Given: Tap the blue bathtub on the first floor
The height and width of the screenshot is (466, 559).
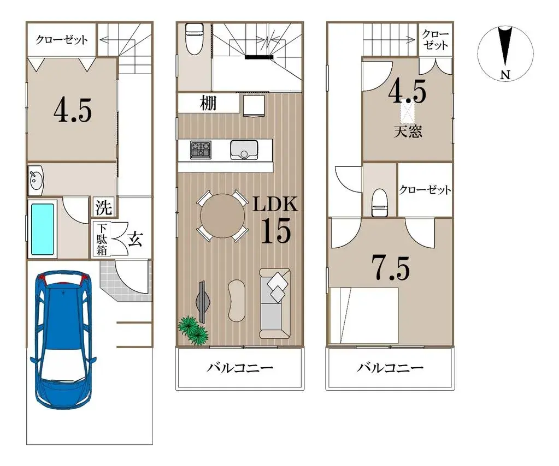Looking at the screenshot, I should click(x=43, y=229).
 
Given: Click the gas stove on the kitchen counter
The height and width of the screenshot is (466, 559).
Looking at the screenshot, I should click(x=201, y=150).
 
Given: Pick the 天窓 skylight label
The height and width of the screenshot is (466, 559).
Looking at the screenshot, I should click(x=408, y=132).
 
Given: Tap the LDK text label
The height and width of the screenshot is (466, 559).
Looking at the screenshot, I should click(x=275, y=205).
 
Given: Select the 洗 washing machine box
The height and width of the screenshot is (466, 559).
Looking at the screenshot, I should click(x=104, y=207).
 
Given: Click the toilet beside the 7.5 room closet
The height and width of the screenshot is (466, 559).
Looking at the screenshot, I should click(x=379, y=202).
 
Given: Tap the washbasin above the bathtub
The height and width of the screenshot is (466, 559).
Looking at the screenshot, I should click(x=36, y=179).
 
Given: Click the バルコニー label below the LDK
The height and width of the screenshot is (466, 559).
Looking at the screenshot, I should click(x=239, y=367).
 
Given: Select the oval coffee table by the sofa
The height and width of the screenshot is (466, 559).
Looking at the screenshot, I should click(x=237, y=300).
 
